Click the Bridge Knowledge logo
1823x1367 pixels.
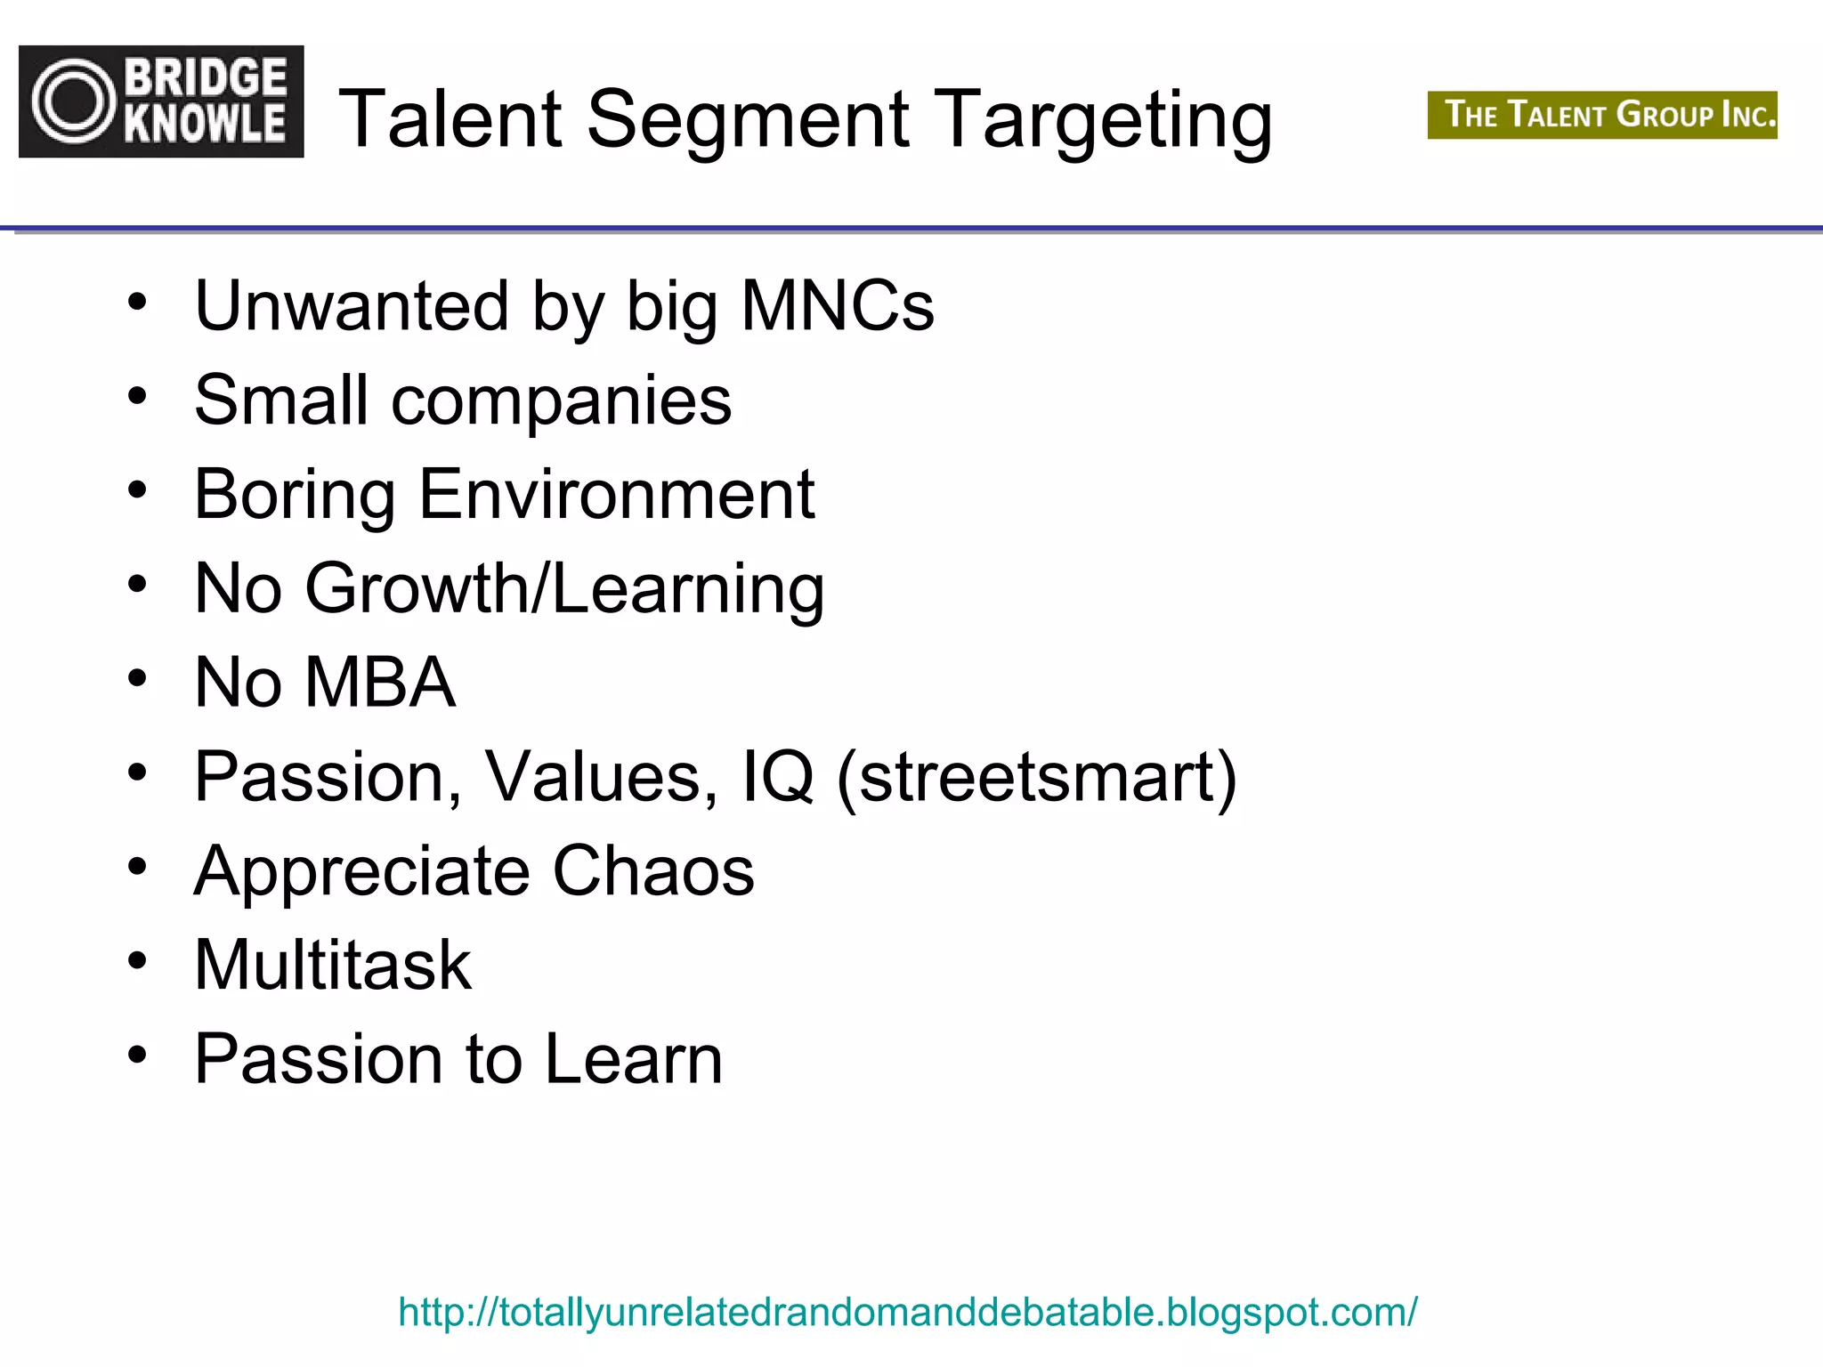161,101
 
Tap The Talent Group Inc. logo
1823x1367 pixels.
1602,115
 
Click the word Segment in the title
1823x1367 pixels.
748,119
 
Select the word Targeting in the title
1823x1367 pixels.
1106,121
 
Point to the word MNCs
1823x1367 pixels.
838,306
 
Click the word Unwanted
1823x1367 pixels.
352,306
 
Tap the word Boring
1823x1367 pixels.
295,496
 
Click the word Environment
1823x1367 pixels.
616,494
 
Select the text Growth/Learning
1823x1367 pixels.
564,590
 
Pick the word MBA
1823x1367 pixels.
380,683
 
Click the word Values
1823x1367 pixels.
601,777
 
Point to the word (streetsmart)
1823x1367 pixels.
1037,778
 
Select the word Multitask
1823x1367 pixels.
333,965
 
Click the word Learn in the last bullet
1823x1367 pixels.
633,1059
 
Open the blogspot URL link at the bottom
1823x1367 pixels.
907,1313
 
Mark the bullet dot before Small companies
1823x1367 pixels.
136,396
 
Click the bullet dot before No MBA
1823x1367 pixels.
136,679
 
